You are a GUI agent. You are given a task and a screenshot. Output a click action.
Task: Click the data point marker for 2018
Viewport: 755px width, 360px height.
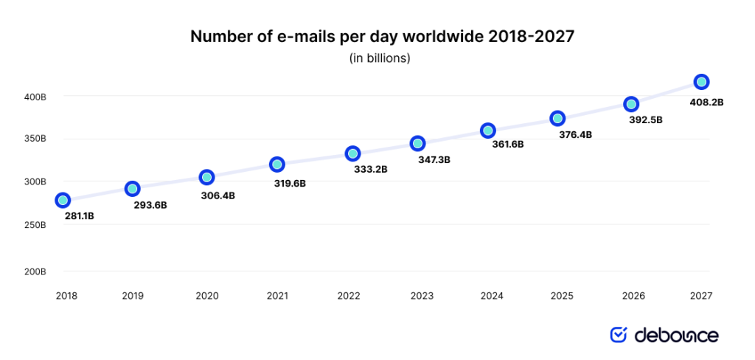click(63, 200)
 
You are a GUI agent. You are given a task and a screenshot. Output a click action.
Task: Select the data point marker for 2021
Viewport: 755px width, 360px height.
click(276, 164)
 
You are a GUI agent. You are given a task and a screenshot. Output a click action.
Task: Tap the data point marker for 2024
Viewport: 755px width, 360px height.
click(487, 131)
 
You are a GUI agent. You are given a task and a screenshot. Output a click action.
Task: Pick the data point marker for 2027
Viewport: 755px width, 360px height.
click(701, 81)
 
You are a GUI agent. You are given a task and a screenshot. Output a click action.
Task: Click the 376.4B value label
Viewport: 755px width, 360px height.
click(576, 135)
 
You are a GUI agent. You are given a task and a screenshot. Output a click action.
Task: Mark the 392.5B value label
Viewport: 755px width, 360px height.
click(646, 120)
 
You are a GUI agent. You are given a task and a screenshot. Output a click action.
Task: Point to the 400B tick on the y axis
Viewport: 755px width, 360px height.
click(35, 96)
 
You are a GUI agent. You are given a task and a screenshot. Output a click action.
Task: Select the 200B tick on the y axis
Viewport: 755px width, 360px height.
click(35, 271)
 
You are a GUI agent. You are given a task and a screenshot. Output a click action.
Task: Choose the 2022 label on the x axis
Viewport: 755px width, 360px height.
click(349, 296)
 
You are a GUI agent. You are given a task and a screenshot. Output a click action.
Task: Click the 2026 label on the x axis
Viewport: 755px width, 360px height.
click(633, 296)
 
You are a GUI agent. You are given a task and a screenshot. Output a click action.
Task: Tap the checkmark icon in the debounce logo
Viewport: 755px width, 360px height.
click(618, 335)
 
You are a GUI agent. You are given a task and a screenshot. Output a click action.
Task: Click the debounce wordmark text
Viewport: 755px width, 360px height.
click(676, 336)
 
